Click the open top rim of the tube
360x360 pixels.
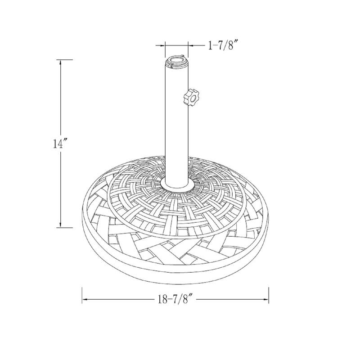[x=175, y=60]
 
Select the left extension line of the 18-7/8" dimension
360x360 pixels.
[x=82, y=295]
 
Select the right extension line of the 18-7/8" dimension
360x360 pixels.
[x=269, y=295]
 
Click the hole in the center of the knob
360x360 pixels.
[x=191, y=96]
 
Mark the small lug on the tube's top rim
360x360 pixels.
[x=182, y=58]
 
